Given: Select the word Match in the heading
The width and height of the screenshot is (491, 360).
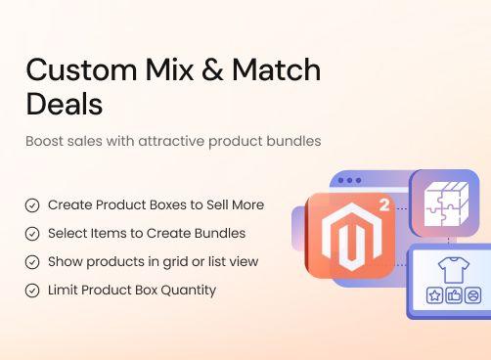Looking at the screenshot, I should pos(278,70).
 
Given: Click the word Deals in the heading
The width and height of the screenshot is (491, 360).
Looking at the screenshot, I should pos(65,104).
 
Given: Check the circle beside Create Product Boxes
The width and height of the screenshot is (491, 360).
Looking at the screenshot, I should pos(32,205).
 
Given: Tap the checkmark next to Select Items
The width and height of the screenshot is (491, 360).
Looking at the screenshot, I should pos(32,234).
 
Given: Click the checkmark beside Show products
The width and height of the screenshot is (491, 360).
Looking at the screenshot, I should pos(32,262).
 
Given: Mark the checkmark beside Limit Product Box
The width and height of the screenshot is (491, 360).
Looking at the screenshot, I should pos(32,290).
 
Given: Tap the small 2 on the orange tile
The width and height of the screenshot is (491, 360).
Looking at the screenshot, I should pos(382,207).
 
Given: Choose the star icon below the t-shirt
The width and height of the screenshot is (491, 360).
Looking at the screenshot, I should pos(435,295).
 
